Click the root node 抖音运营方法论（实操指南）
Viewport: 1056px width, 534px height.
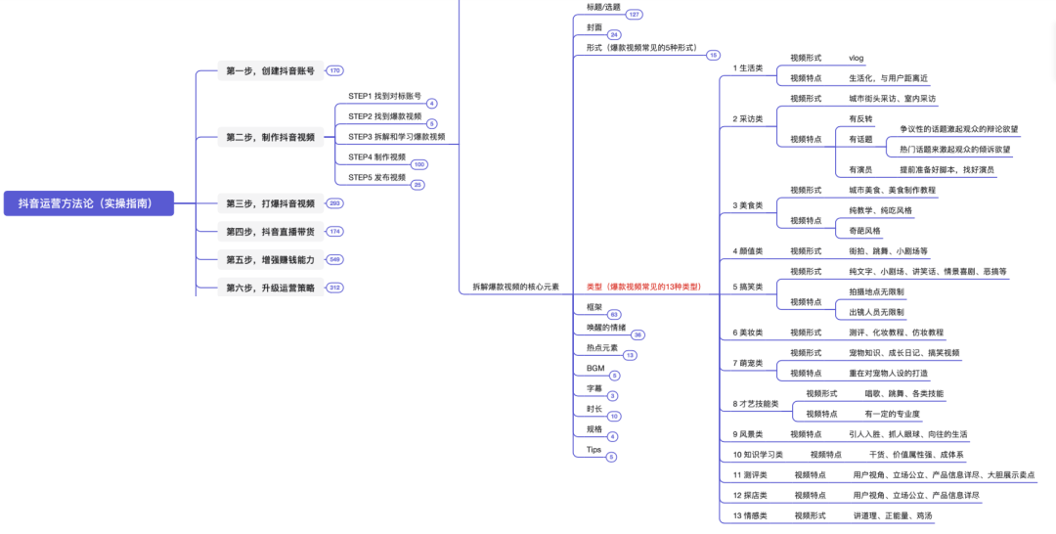pyautogui.click(x=88, y=203)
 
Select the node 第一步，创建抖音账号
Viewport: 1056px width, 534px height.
pyautogui.click(x=270, y=70)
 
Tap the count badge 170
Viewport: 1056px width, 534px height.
pyautogui.click(x=335, y=70)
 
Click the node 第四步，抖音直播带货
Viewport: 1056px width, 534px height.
pyautogui.click(x=270, y=232)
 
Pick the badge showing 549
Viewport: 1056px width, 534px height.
pyautogui.click(x=335, y=260)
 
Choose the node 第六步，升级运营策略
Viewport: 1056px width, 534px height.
pyautogui.click(x=270, y=288)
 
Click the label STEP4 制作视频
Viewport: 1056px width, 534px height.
pyautogui.click(x=376, y=156)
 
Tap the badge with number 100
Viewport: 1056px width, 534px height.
pyautogui.click(x=418, y=164)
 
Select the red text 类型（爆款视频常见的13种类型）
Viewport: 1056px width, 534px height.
pyautogui.click(x=643, y=287)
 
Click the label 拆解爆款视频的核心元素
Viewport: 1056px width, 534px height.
pyautogui.click(x=515, y=287)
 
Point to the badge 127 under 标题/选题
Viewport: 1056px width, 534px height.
pyautogui.click(x=635, y=15)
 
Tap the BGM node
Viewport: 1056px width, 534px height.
pyautogui.click(x=595, y=368)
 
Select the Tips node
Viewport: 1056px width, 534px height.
pyautogui.click(x=594, y=449)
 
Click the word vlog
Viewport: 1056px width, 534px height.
pyautogui.click(x=857, y=58)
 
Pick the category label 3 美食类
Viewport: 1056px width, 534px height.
pyautogui.click(x=748, y=205)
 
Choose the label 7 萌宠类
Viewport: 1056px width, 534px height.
pyautogui.click(x=748, y=363)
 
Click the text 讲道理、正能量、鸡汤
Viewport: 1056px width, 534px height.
pyautogui.click(x=892, y=515)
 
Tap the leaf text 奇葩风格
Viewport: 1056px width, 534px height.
pyautogui.click(x=864, y=231)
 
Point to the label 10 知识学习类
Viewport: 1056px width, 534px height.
pyautogui.click(x=758, y=455)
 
